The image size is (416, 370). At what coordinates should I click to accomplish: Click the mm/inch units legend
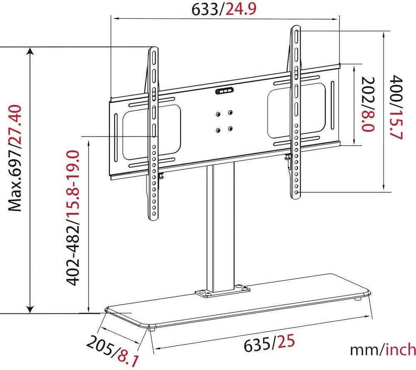click(382, 349)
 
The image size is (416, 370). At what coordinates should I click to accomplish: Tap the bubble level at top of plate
click(224, 92)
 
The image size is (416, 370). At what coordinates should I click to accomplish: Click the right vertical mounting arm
click(295, 112)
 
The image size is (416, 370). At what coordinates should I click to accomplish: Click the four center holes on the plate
click(224, 121)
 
